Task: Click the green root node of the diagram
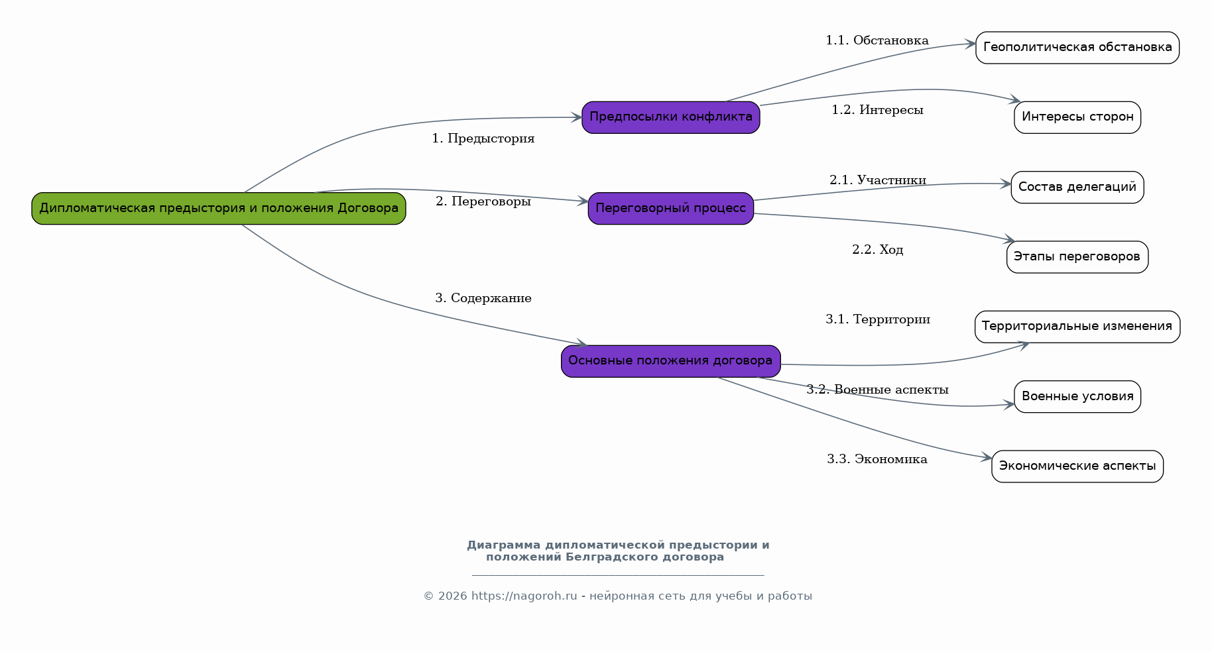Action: [x=219, y=209]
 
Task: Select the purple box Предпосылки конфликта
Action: [x=671, y=117]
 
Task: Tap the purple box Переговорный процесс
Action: [x=671, y=209]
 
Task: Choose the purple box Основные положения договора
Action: [x=671, y=361]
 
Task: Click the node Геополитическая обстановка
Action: [x=1077, y=48]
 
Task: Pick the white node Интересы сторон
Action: [x=1077, y=117]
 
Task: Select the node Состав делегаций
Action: [x=1077, y=188]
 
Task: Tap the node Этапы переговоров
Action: [x=1077, y=257]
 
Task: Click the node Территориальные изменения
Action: [x=1077, y=327]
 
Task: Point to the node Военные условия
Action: [x=1077, y=397]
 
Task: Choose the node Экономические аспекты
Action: [x=1077, y=466]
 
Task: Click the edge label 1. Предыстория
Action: [x=483, y=138]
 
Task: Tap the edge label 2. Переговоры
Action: [x=483, y=201]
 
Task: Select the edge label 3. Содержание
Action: [x=483, y=298]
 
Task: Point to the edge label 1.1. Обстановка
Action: [x=877, y=40]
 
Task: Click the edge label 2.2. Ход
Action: [x=878, y=250]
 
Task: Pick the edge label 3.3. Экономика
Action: [x=877, y=459]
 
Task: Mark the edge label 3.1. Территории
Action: [x=878, y=319]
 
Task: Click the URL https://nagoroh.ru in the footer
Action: [x=524, y=596]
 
